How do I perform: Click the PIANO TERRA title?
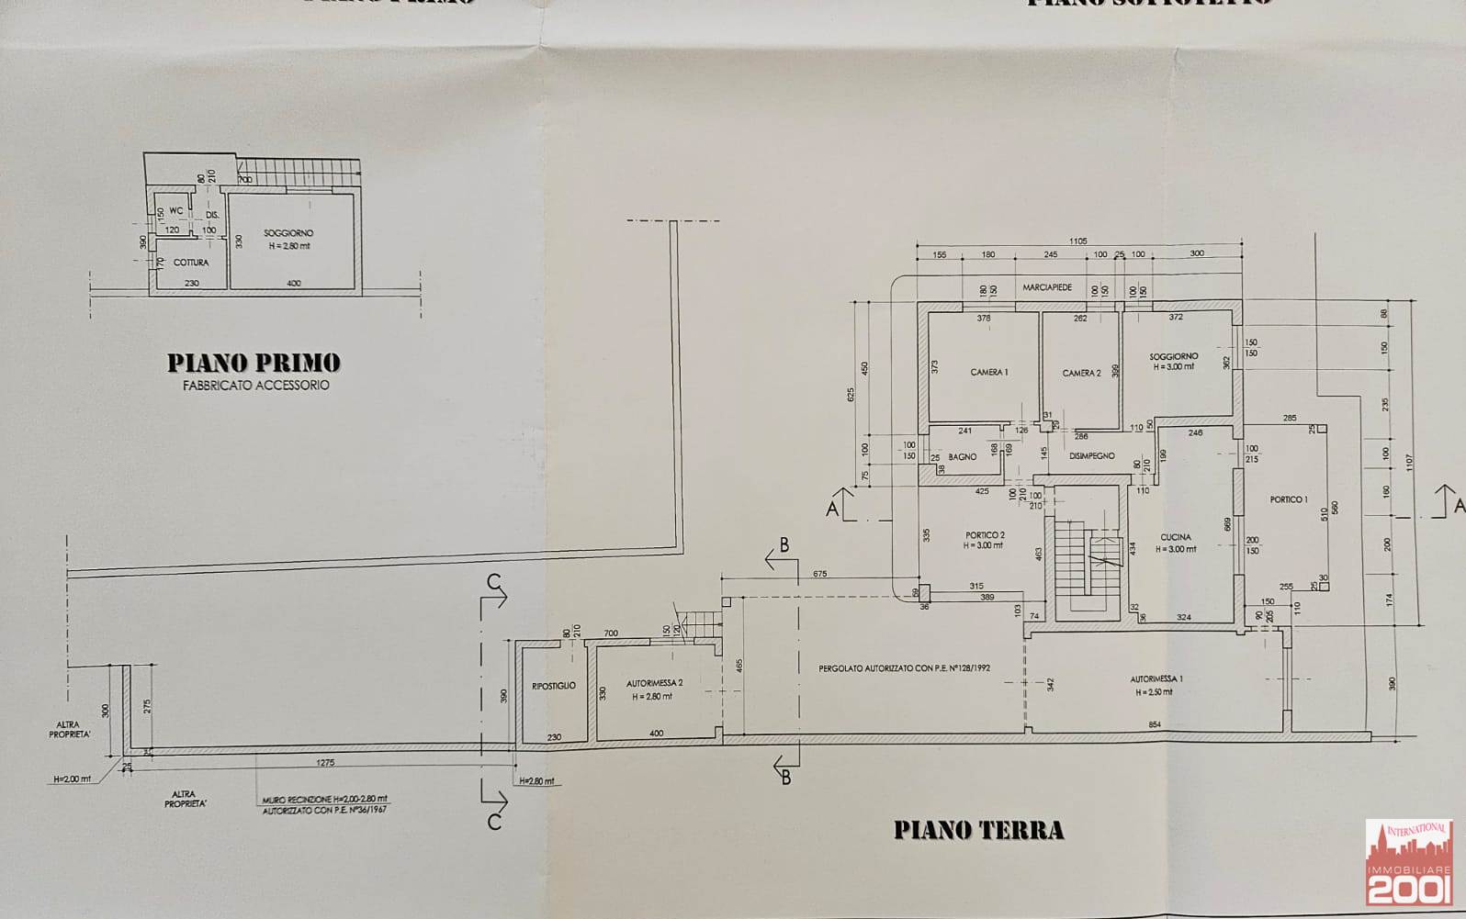978,831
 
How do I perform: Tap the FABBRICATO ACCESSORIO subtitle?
254,386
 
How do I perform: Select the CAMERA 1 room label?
989,372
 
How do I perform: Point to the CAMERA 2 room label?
1081,373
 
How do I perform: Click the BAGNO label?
963,457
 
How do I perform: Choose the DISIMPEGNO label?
1091,455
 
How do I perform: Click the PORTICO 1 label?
1288,499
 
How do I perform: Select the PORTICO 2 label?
985,535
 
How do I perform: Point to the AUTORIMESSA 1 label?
1156,679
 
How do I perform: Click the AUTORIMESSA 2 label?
654,683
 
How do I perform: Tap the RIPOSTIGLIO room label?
554,686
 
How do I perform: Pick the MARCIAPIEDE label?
1047,287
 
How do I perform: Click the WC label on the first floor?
175,211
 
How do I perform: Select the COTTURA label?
191,263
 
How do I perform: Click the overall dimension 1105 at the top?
1077,241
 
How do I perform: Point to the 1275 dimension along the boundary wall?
325,762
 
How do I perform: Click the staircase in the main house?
1087,569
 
